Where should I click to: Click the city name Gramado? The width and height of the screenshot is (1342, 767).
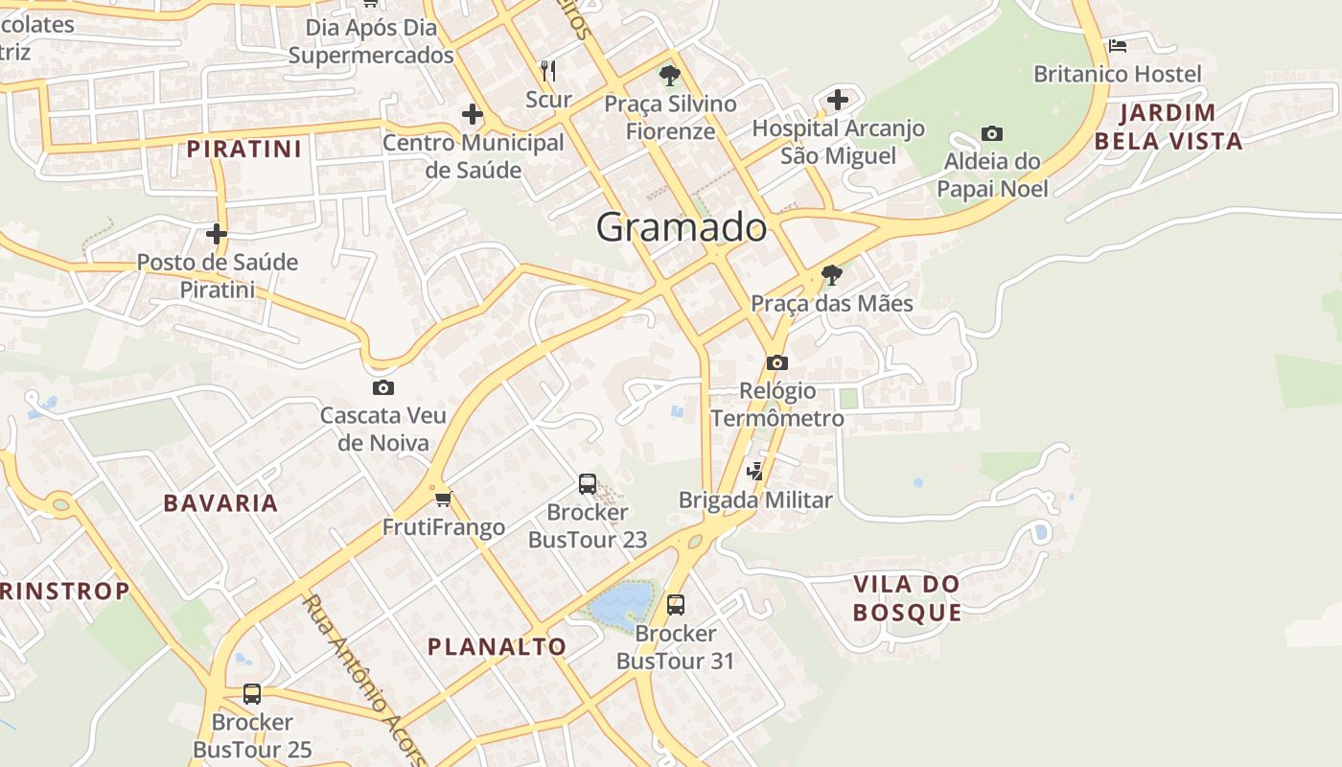[682, 227]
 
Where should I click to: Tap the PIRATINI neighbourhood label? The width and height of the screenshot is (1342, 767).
[244, 149]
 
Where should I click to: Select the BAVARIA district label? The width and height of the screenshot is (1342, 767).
[220, 502]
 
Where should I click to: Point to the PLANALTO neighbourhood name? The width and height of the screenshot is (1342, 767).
[497, 646]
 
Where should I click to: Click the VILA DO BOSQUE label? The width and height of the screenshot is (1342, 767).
[907, 598]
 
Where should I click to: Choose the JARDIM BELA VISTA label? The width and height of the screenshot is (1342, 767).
[1168, 127]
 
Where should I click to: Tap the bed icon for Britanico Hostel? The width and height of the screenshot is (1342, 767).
[1117, 45]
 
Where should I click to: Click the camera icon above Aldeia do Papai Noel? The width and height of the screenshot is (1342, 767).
[992, 133]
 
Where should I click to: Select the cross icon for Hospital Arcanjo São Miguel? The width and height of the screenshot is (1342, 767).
[838, 99]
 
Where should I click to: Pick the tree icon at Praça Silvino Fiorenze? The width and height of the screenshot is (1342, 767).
[669, 75]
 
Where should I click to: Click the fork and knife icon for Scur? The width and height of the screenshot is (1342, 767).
[548, 70]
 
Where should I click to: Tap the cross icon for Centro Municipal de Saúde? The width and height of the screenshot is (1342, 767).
[472, 114]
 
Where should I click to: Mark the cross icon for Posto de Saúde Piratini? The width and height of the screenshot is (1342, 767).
[217, 233]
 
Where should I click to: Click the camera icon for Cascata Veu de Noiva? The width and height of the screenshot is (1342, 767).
[382, 387]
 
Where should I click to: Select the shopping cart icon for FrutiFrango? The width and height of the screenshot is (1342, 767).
[443, 499]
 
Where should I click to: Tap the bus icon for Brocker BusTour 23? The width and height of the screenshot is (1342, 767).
[588, 484]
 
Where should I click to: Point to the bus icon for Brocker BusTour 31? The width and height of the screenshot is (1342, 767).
[676, 605]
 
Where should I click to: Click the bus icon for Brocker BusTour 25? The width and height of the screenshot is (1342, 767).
[252, 693]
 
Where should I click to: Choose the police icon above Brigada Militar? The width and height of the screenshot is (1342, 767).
[755, 471]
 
